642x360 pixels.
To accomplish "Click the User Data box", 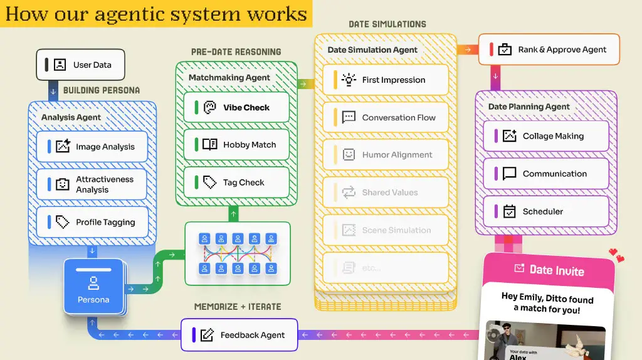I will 80,65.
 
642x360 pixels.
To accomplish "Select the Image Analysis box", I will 92,147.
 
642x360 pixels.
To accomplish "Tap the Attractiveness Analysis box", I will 92,184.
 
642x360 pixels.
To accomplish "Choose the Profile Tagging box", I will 92,222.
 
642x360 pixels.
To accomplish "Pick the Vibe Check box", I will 236,107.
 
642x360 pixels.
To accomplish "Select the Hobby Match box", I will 236,145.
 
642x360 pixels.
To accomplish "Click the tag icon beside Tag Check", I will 209,183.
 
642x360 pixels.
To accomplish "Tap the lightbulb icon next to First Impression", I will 348,80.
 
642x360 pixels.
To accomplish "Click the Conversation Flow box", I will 386,117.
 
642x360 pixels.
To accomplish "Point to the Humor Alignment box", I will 386,155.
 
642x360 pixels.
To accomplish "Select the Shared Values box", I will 386,193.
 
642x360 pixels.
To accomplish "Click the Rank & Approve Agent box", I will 549,50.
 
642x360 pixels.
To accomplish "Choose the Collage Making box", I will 545,136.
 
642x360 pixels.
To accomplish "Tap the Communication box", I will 545,174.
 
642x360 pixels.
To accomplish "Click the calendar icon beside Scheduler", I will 509,211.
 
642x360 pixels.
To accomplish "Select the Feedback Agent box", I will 239,335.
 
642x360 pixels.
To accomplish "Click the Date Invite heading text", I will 556,270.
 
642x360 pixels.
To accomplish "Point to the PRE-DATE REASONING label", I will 236,51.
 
